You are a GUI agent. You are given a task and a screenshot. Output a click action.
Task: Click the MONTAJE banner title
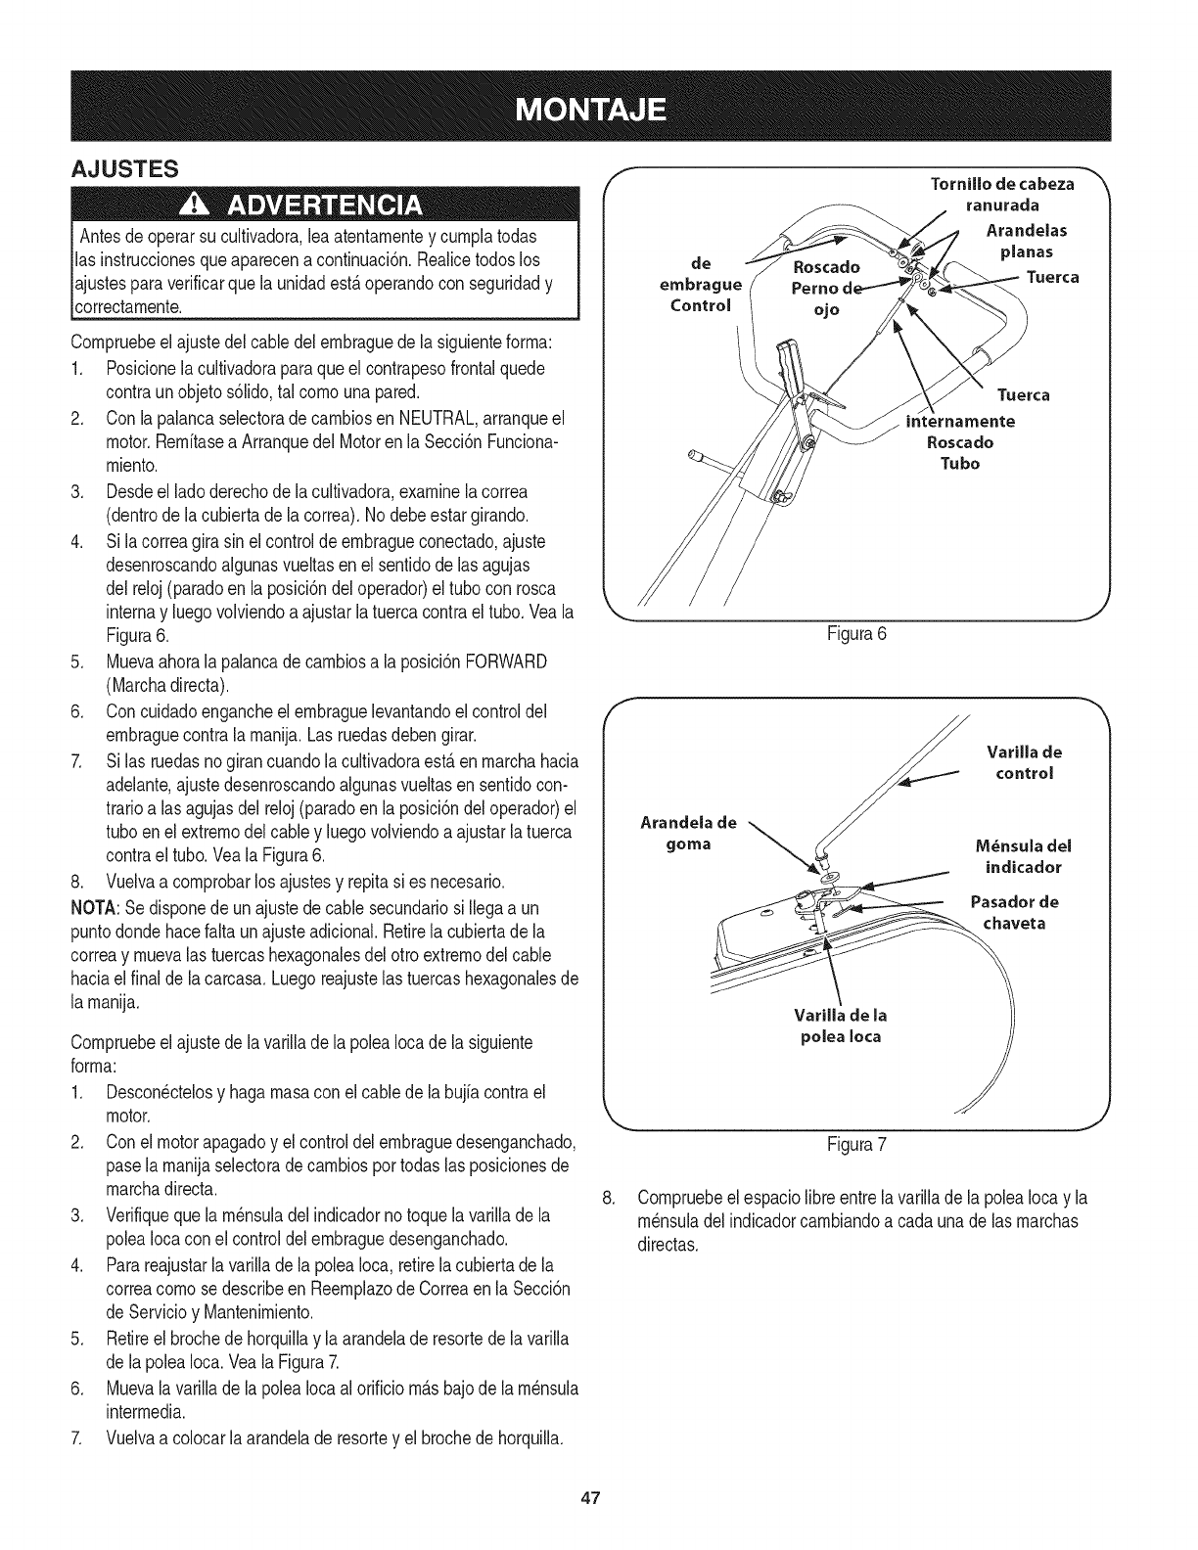pyautogui.click(x=597, y=107)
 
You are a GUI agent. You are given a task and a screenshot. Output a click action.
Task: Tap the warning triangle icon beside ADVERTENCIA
pyautogui.click(x=203, y=206)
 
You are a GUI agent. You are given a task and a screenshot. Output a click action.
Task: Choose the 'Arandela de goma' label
pyautogui.click(x=688, y=833)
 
